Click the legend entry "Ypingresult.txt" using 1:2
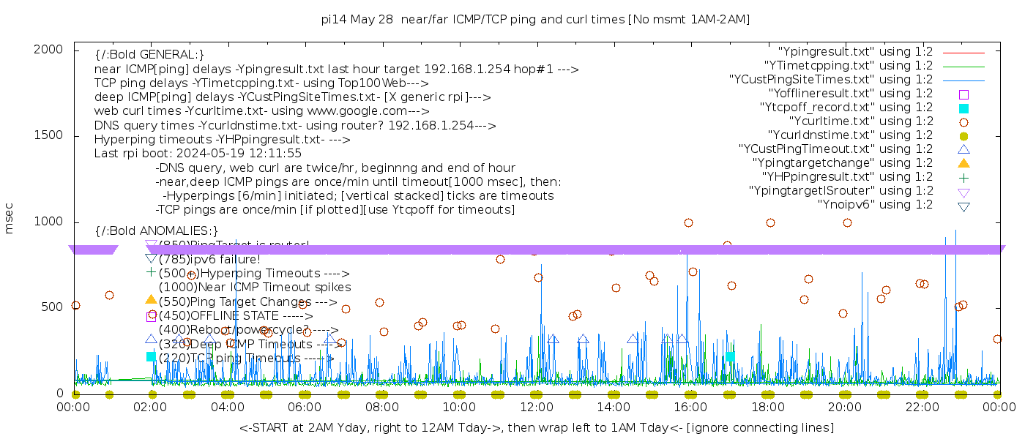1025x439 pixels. coord(855,52)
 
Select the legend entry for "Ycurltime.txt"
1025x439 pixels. coord(860,121)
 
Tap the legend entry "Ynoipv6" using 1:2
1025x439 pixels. coord(875,205)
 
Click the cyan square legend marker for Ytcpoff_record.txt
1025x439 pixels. coord(963,108)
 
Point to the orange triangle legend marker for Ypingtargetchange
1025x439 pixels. coord(963,163)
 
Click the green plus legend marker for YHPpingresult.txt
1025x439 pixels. coord(963,177)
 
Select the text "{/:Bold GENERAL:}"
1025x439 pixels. coord(149,55)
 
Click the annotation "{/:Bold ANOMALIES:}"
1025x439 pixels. coord(157,231)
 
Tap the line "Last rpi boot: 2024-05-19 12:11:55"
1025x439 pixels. coord(198,154)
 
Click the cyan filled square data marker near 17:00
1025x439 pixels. coord(730,356)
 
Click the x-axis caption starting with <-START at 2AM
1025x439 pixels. coord(536,427)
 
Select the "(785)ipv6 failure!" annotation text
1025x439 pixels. coord(209,259)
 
